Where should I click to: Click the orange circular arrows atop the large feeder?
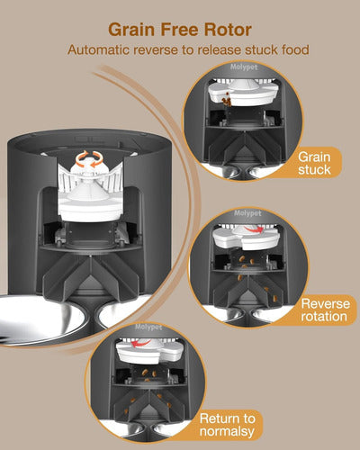point(85,160)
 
